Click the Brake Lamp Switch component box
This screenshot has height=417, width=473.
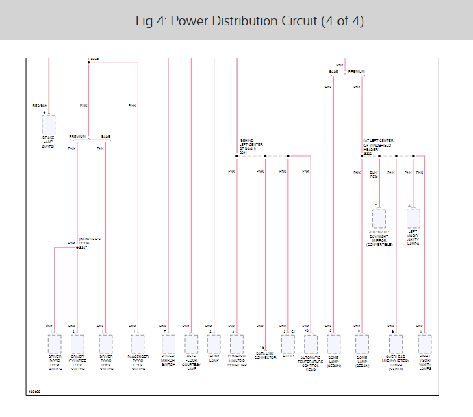(49, 125)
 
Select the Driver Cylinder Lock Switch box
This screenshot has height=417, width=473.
(77, 343)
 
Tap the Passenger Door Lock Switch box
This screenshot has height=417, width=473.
(138, 343)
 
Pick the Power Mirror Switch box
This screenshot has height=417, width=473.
(168, 343)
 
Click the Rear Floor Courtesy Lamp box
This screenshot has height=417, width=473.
(191, 343)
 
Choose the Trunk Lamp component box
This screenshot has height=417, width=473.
(214, 343)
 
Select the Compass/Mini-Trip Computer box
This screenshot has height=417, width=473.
(237, 343)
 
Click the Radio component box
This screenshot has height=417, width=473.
(288, 343)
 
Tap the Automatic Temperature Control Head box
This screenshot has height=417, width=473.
(311, 343)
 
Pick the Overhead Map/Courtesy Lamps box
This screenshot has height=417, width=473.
(396, 343)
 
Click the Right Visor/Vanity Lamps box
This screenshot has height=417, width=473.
(424, 343)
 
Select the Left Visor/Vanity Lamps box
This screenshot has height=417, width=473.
(413, 218)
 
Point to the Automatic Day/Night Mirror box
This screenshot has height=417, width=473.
(379, 218)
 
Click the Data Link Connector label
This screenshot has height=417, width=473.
(265, 355)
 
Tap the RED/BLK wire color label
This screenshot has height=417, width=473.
(40, 105)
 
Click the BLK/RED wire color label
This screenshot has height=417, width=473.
(373, 175)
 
